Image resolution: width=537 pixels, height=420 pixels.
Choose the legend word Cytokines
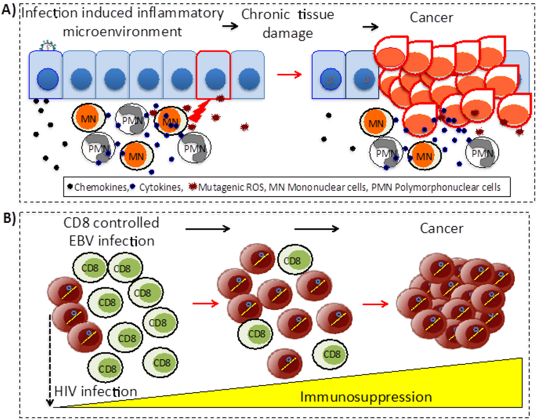[x=155, y=186]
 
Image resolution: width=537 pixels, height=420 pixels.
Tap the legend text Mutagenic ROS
[x=216, y=186]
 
